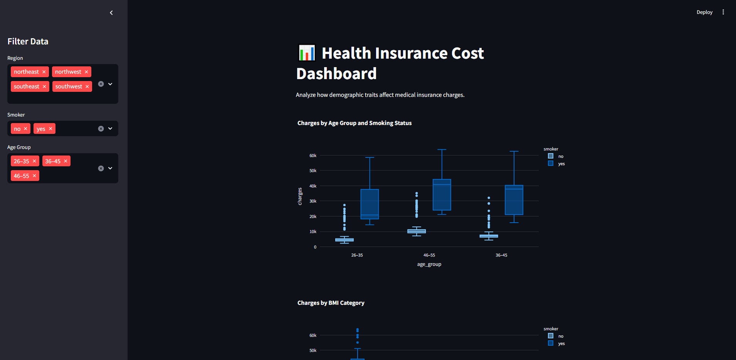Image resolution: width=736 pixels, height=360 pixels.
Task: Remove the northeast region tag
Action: (44, 72)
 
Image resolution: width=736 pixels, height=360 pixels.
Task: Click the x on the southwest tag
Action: (87, 86)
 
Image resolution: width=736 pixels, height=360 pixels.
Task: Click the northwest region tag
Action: (68, 72)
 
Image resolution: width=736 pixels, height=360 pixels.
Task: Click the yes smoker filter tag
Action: (41, 129)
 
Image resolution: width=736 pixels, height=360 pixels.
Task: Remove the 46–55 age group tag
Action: (34, 176)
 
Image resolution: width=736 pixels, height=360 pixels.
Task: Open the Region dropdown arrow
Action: (110, 84)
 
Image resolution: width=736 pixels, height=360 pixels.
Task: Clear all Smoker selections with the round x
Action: (101, 129)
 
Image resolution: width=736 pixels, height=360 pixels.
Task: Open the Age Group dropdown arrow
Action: (110, 168)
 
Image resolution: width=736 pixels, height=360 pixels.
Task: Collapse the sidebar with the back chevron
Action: (111, 13)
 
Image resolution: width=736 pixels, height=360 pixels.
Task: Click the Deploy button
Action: (704, 12)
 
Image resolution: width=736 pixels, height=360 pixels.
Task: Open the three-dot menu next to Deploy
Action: (723, 12)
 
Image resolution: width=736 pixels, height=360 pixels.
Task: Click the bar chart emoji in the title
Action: (307, 53)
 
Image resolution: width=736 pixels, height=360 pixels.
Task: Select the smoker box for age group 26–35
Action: (370, 204)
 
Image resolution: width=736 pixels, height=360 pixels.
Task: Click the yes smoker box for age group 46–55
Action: (442, 195)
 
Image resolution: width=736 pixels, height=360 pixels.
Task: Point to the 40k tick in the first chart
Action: (313, 186)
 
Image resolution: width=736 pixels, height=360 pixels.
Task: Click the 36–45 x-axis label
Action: (501, 255)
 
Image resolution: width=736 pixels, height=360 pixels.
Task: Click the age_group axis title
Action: (429, 264)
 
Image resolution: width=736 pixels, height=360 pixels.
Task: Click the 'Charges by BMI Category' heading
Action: (331, 303)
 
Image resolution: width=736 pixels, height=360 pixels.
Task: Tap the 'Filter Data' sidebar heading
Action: (28, 41)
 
